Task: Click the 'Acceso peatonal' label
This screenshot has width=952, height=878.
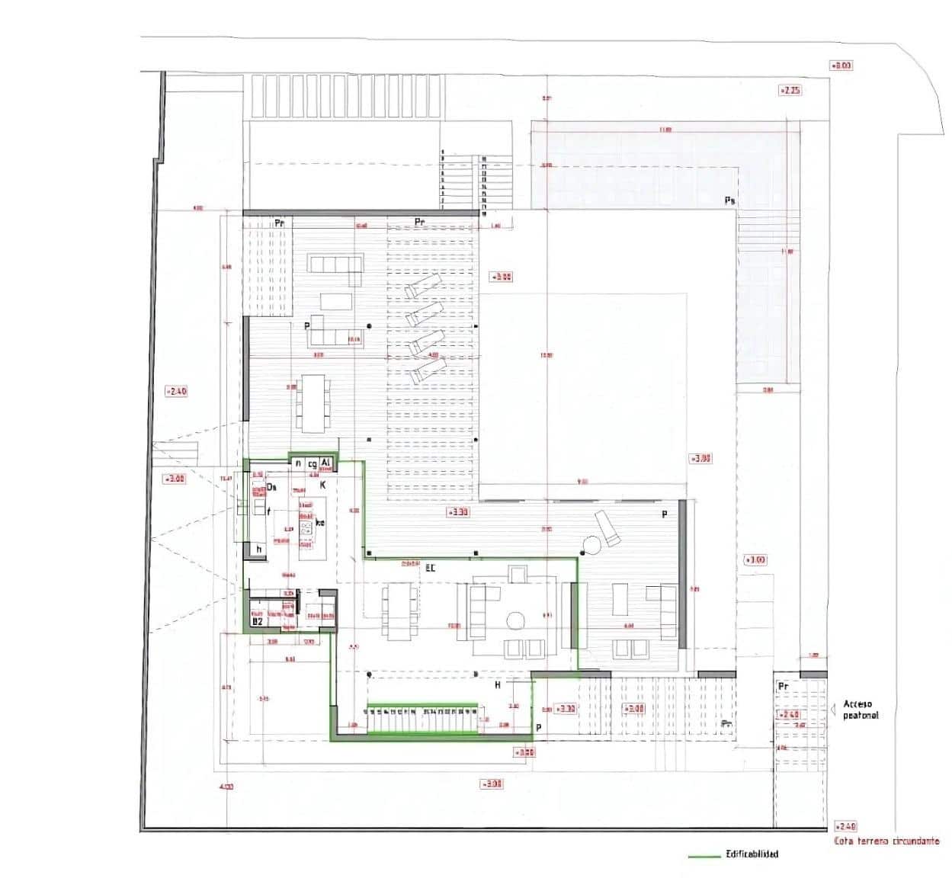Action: pyautogui.click(x=861, y=710)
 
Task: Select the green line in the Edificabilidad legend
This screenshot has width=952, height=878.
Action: pyautogui.click(x=704, y=855)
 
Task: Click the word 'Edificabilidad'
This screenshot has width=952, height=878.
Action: pyautogui.click(x=752, y=854)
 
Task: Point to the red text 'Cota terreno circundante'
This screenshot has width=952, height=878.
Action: pyautogui.click(x=887, y=841)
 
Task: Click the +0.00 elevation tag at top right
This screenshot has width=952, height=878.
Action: pyautogui.click(x=841, y=66)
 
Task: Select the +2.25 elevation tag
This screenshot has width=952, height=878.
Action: pyautogui.click(x=790, y=90)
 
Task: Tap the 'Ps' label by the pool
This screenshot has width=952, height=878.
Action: pyautogui.click(x=729, y=200)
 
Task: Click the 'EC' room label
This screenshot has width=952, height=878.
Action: pyautogui.click(x=430, y=568)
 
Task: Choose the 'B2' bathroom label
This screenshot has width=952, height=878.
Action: pyautogui.click(x=258, y=622)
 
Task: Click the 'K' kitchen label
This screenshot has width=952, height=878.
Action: pyautogui.click(x=322, y=485)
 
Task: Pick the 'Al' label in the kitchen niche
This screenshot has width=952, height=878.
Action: pyautogui.click(x=325, y=463)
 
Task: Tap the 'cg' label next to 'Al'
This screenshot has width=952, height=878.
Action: pyautogui.click(x=312, y=463)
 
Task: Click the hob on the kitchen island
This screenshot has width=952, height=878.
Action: pyautogui.click(x=307, y=527)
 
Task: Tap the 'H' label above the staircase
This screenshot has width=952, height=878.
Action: pyautogui.click(x=498, y=685)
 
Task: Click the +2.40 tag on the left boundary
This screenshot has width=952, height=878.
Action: pyautogui.click(x=176, y=391)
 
